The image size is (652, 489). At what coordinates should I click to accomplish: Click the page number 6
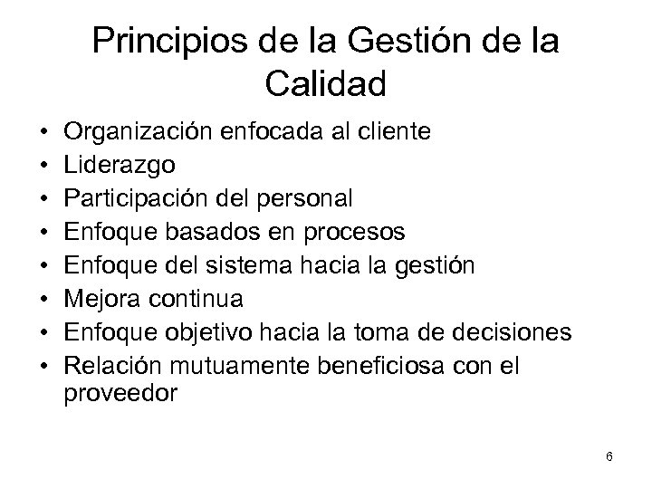click(609, 457)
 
